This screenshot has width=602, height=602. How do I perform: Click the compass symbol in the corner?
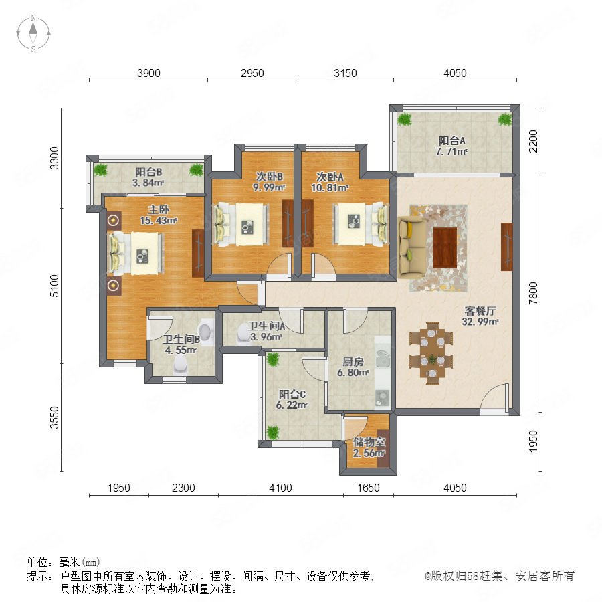pos(33,33)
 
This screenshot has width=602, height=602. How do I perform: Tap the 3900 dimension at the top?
pos(148,73)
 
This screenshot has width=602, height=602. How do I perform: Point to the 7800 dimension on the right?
pos(533,293)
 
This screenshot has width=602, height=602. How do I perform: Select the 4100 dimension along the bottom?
pos(280,488)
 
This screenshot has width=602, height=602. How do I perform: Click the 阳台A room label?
pos(451,141)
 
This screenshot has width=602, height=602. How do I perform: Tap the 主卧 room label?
pos(159,209)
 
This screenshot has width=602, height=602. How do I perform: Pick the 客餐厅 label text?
pos(480,310)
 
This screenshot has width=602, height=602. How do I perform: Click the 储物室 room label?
pos(369,442)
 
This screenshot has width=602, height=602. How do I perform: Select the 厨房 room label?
pos(353,362)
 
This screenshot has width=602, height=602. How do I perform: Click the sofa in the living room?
pos(412,246)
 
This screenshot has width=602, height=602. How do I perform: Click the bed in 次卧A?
pos(360,224)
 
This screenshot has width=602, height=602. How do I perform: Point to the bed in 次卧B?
pos(241,225)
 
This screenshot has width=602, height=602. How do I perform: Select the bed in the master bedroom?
pos(136,253)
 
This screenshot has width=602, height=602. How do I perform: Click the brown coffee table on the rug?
pos(445,247)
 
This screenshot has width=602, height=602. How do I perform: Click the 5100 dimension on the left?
pos(55,286)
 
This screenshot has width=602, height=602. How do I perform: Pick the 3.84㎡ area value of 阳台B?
pos(148,183)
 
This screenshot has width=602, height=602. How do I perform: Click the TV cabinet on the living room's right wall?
pos(507,246)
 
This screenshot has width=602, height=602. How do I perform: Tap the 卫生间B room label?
pos(181,339)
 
